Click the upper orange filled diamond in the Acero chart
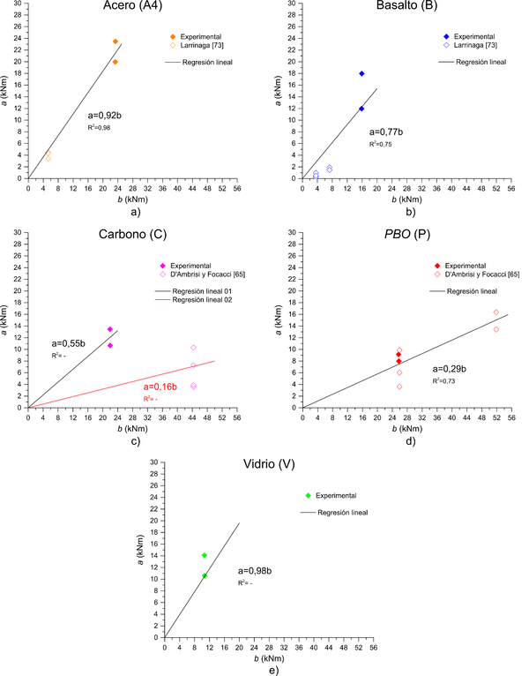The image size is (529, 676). click(x=115, y=41)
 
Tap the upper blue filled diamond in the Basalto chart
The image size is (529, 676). click(x=362, y=73)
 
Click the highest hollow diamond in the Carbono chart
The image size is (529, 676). click(x=193, y=348)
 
